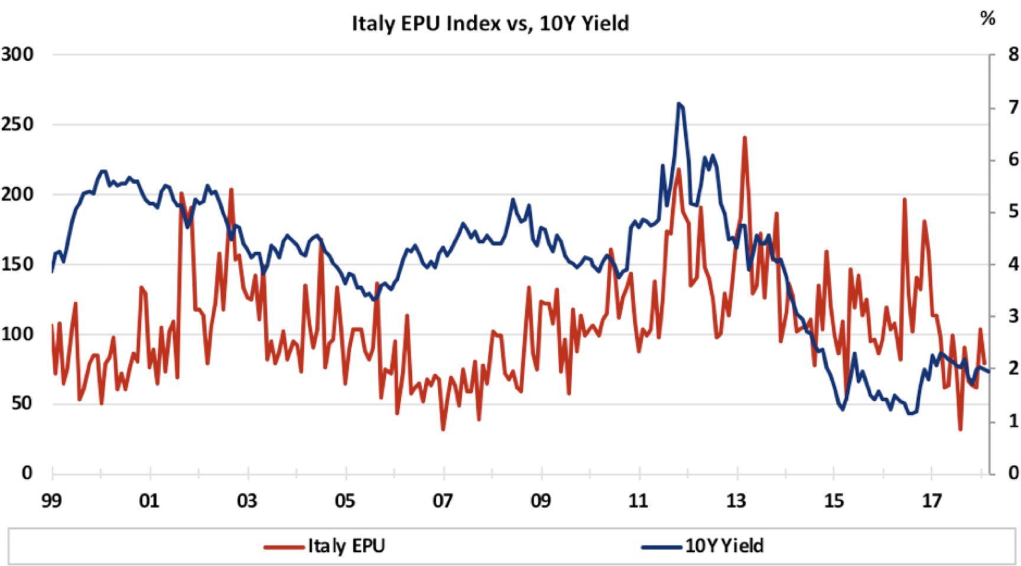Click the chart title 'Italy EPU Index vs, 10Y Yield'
coord(490,24)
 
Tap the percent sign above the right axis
coord(987,18)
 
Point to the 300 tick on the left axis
coord(17,54)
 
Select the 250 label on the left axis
coord(17,125)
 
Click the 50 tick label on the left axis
coord(22,404)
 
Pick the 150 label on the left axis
coord(17,264)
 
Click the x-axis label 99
coord(51,501)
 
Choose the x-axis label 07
coord(443,501)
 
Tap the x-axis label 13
coord(736,501)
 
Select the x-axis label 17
coord(932,501)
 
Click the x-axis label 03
coord(247,501)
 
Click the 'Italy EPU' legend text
coord(346,545)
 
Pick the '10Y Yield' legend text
coord(724,545)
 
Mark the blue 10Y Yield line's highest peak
coord(679,103)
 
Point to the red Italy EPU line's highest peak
coord(744,138)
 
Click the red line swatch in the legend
coord(284,547)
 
